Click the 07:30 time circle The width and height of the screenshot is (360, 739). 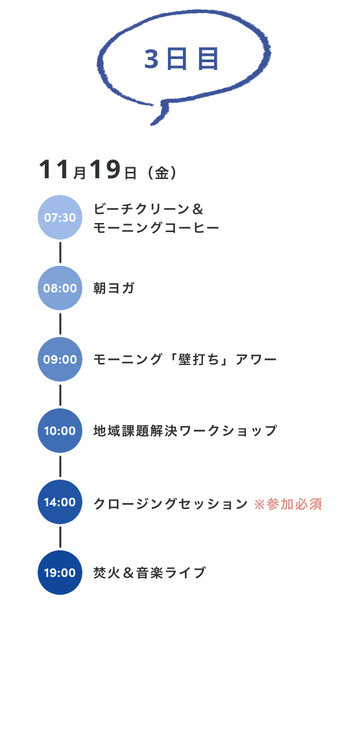pyautogui.click(x=60, y=217)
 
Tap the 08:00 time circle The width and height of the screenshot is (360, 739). pyautogui.click(x=60, y=288)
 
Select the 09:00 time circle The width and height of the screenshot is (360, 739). pyautogui.click(x=60, y=359)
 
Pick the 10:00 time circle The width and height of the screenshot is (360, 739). pyautogui.click(x=60, y=430)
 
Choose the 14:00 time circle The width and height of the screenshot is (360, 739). pyautogui.click(x=60, y=502)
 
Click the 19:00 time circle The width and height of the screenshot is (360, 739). pyautogui.click(x=60, y=572)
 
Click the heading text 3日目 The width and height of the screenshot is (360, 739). pyautogui.click(x=182, y=60)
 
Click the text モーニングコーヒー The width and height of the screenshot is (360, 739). pyautogui.click(x=156, y=228)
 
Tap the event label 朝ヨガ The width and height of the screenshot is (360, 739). pyautogui.click(x=114, y=288)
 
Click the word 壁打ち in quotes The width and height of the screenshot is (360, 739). pyautogui.click(x=197, y=359)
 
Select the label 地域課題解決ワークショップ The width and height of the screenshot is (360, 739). pyautogui.click(x=185, y=430)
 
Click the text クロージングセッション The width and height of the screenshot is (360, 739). pyautogui.click(x=171, y=504)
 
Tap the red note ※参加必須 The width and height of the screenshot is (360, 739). pyautogui.click(x=288, y=504)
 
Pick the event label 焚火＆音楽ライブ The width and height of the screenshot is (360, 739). pyautogui.click(x=149, y=572)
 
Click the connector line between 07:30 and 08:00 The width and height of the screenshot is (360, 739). pyautogui.click(x=60, y=252)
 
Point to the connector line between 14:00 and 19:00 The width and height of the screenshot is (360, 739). pyautogui.click(x=60, y=537)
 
